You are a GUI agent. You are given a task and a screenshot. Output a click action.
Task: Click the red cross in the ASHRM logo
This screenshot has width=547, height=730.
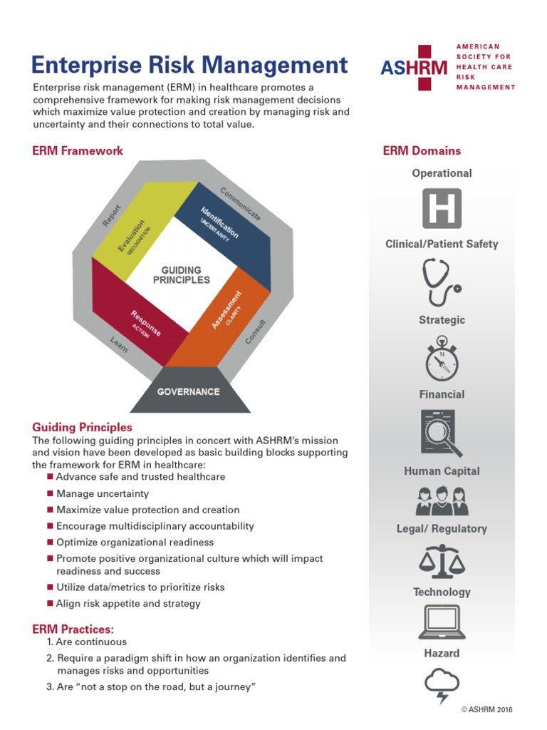click(x=424, y=68)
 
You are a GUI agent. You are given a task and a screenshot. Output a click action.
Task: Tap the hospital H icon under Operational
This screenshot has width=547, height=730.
click(x=442, y=208)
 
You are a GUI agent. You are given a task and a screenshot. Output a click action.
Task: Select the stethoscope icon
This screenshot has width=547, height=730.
click(x=442, y=282)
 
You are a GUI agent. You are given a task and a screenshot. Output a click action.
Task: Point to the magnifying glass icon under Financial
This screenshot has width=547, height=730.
click(x=442, y=433)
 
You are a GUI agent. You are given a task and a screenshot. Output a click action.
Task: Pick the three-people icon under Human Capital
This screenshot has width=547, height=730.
click(x=442, y=500)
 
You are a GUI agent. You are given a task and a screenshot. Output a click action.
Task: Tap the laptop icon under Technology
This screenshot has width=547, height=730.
click(x=442, y=621)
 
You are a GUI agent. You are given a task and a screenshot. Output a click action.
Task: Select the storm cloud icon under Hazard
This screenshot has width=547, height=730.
click(x=442, y=683)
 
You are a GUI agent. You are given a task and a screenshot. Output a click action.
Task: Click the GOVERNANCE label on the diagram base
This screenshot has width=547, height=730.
click(x=188, y=391)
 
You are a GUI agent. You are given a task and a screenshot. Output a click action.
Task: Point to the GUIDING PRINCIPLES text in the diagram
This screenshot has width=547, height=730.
click(x=182, y=275)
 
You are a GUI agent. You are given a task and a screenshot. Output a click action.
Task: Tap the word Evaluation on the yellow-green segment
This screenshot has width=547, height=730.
click(x=132, y=236)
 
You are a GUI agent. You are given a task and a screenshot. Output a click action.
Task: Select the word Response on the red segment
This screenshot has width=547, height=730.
click(x=145, y=322)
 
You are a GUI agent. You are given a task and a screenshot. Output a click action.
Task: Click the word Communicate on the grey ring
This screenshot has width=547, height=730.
click(x=240, y=203)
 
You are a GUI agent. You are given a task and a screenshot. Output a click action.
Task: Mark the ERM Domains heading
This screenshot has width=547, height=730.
click(x=422, y=151)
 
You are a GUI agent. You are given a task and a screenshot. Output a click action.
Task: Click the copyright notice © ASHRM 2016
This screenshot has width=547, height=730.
click(x=486, y=709)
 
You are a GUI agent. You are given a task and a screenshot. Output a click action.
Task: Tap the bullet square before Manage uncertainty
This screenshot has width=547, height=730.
click(x=50, y=493)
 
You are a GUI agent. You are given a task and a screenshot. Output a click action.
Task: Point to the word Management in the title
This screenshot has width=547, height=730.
click(x=274, y=66)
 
